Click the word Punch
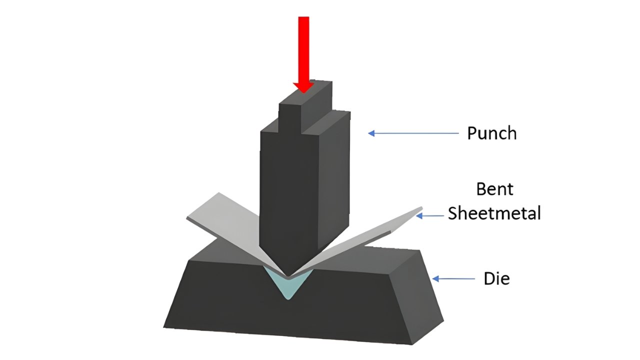491,133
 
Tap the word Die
496,278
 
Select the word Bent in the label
494,190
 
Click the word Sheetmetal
494,213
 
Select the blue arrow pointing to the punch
413,133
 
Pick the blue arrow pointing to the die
453,278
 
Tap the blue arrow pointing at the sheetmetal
430,215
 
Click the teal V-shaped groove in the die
289,284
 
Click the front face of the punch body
285,190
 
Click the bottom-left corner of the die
164,327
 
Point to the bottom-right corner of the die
412,344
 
